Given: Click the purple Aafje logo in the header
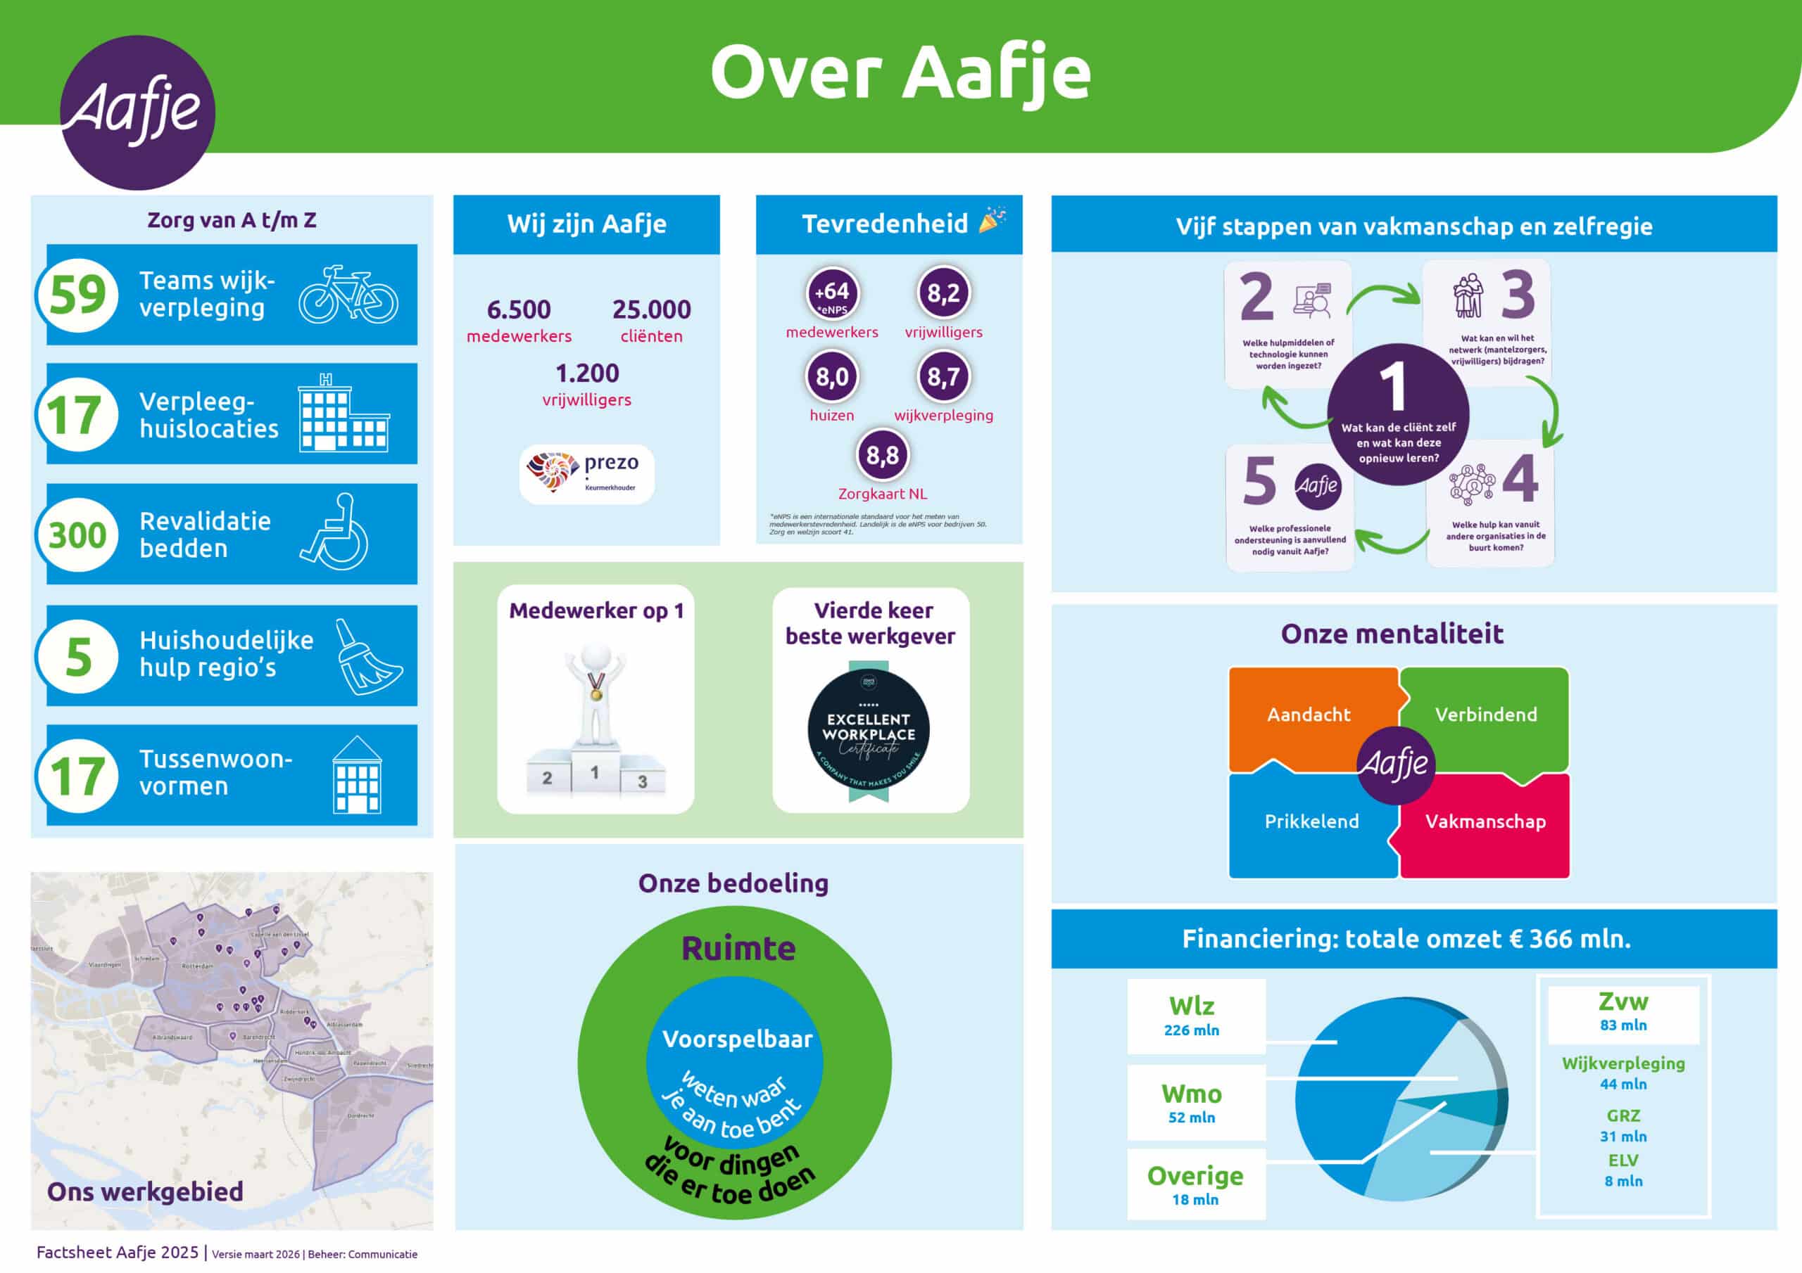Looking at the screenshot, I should click(x=137, y=112).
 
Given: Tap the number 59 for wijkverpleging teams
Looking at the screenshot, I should click(x=77, y=295).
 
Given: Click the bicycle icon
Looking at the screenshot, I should click(x=348, y=295).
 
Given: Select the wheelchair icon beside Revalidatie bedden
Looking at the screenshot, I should click(x=335, y=532).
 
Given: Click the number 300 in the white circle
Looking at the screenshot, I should click(x=77, y=535).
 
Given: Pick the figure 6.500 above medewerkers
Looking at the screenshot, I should click(x=519, y=310).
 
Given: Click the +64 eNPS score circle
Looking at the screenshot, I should click(x=832, y=293).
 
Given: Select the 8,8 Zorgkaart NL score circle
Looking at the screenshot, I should click(x=882, y=455).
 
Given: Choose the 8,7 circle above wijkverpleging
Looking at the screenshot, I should click(x=943, y=376).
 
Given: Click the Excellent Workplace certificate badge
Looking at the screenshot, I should click(x=869, y=731).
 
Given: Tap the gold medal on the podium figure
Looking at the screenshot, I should click(x=596, y=694).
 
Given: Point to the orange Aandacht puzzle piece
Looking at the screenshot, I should click(x=1309, y=715).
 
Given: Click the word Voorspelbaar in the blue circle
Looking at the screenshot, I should click(x=737, y=1039).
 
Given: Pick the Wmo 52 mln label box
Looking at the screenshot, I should click(x=1192, y=1103).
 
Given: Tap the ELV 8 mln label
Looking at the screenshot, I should click(x=1623, y=1170).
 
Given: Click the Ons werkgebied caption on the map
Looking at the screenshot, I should click(x=145, y=1191).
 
